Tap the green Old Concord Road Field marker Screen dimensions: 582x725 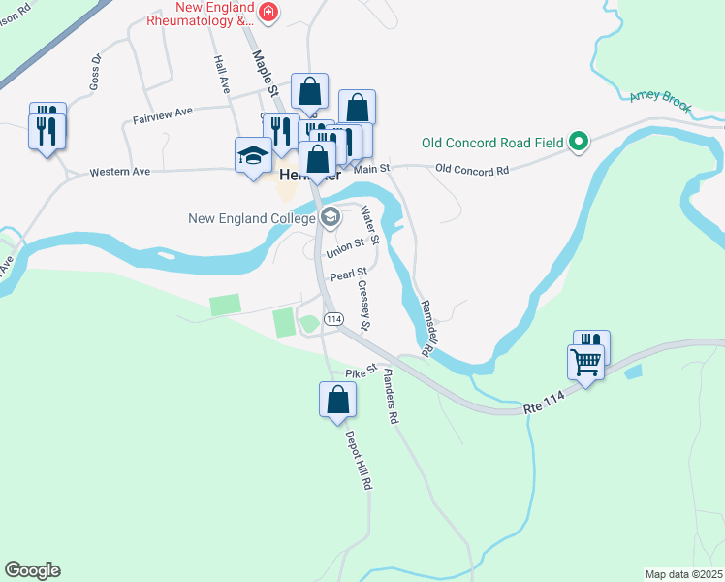click(579, 142)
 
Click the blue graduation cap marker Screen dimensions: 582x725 click(253, 155)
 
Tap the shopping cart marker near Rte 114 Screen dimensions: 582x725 click(585, 363)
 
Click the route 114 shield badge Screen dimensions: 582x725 click(333, 319)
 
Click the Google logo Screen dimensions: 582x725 click(32, 569)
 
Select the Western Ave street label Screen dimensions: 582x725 click(119, 173)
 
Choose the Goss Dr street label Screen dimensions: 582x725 click(95, 71)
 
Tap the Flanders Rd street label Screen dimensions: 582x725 click(390, 397)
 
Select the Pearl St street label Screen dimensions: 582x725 click(348, 275)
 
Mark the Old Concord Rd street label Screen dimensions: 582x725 click(472, 170)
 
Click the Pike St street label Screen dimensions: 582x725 click(360, 371)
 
